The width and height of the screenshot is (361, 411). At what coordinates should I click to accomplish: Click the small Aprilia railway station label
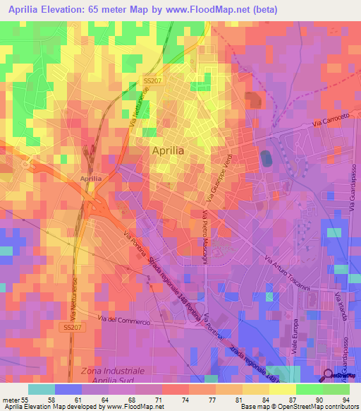click(91, 179)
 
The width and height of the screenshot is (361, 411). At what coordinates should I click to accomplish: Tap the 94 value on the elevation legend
click(345, 399)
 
